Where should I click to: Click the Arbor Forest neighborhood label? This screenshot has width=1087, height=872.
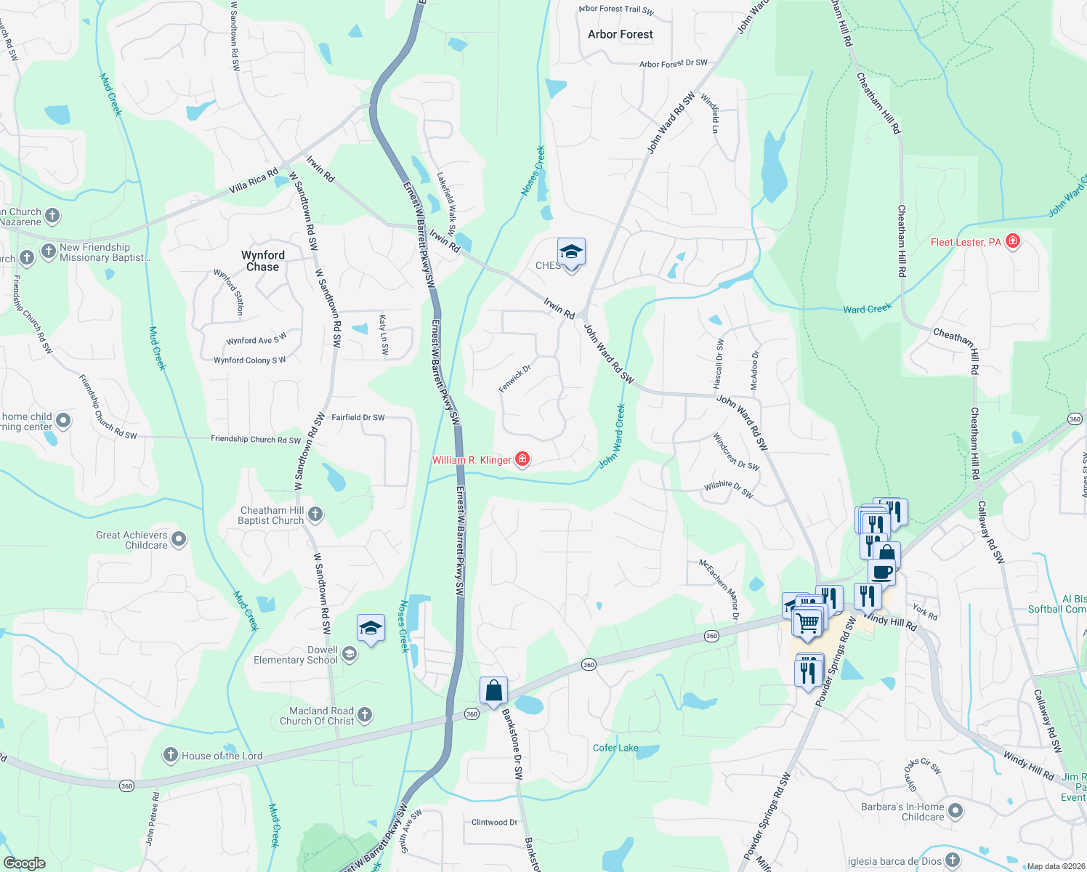(620, 34)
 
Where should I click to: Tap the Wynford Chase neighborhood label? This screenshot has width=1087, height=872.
(262, 261)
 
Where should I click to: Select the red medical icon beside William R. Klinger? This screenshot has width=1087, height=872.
(522, 459)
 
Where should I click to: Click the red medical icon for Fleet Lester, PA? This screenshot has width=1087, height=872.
(1013, 241)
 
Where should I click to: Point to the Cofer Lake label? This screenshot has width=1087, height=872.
(615, 748)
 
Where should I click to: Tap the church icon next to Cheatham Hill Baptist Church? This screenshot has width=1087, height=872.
(315, 514)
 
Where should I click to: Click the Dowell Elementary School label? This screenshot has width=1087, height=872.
(296, 655)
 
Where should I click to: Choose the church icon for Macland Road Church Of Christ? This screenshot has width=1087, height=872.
(365, 715)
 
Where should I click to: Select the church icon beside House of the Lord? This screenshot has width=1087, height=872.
(171, 755)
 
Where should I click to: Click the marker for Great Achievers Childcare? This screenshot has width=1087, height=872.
(179, 539)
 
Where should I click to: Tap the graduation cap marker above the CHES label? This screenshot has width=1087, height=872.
(571, 252)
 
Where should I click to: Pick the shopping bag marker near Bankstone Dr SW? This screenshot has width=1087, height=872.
(493, 690)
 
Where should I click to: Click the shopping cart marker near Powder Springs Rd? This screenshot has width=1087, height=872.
(807, 623)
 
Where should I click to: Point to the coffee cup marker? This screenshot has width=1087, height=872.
(882, 572)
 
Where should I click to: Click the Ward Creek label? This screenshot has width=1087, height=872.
(867, 309)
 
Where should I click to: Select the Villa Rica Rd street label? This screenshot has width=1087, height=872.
(254, 181)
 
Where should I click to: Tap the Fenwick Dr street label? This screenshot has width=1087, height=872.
(514, 379)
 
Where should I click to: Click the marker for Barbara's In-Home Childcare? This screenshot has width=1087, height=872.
(955, 810)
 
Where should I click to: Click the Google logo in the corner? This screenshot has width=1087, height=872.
(24, 863)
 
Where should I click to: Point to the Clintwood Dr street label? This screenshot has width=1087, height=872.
(494, 823)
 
